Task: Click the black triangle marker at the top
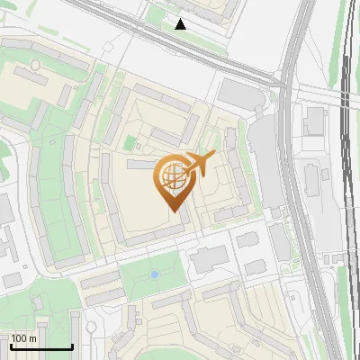(181, 24)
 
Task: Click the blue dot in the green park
(155, 274)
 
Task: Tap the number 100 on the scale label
(20, 338)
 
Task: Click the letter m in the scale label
(32, 338)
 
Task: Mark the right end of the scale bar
(72, 346)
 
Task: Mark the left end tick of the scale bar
(11, 346)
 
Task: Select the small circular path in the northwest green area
(34, 65)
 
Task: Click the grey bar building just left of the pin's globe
(140, 165)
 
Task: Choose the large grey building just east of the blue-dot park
(209, 259)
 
